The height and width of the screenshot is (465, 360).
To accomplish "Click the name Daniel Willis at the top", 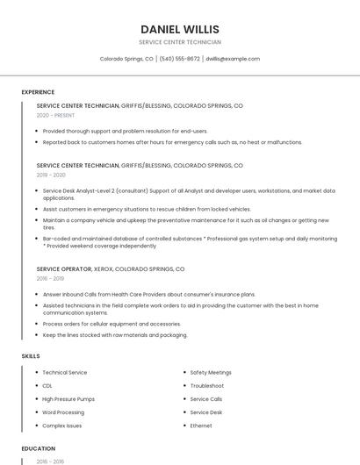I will tap(180, 29).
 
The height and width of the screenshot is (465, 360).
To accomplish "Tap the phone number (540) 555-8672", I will tap(179, 59).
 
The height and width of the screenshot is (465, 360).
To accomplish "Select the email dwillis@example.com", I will tap(233, 59).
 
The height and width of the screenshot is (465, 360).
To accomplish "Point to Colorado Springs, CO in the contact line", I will tap(126, 59).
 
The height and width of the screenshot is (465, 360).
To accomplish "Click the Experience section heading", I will tap(38, 92).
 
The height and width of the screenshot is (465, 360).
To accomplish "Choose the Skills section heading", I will tap(31, 356).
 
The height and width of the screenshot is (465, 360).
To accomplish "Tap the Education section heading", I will tap(38, 448).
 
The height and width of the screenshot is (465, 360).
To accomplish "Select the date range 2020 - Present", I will tap(56, 115).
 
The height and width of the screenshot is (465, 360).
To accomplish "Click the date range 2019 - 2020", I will tap(51, 175).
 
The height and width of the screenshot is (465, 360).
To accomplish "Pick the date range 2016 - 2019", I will tap(51, 279).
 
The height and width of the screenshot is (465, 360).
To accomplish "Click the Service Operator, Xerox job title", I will tap(111, 269).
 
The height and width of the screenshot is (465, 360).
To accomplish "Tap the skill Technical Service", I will tap(65, 373).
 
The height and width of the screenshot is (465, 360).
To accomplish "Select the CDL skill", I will tap(47, 386).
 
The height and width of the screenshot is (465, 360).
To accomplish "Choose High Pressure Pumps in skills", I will tap(68, 399).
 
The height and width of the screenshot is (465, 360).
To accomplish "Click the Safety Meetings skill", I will tap(211, 373).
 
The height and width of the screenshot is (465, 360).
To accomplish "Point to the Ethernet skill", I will tap(201, 426).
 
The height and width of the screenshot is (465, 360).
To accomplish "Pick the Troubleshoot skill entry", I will tap(207, 386).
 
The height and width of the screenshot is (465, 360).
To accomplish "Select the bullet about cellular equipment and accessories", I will tap(112, 324).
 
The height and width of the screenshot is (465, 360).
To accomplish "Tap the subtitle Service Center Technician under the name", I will tap(180, 42).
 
